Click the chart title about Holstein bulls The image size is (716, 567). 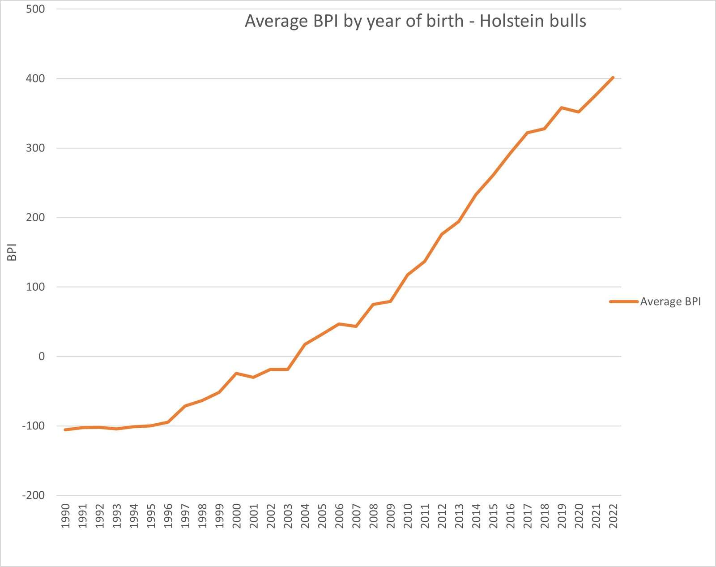point(415,21)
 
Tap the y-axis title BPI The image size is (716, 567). point(12,252)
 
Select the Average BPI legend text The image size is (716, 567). point(670,301)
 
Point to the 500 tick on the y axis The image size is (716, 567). point(35,9)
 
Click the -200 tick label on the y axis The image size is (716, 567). point(34,495)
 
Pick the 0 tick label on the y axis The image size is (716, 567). point(42,357)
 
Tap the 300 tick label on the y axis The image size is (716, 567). point(35,148)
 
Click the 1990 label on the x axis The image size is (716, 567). point(65,516)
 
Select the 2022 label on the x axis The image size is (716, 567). point(613,516)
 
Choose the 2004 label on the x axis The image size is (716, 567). point(305,516)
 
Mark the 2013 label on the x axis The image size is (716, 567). point(459,516)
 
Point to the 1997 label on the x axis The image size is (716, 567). point(185,516)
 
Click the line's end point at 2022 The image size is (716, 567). point(613,77)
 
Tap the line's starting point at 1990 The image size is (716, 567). point(65,430)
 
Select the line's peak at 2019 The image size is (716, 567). point(562,107)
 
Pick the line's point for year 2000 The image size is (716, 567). point(236,373)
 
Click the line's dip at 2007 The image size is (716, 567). point(356,326)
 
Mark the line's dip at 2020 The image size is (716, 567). point(579,112)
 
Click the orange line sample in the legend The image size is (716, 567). point(623,301)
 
